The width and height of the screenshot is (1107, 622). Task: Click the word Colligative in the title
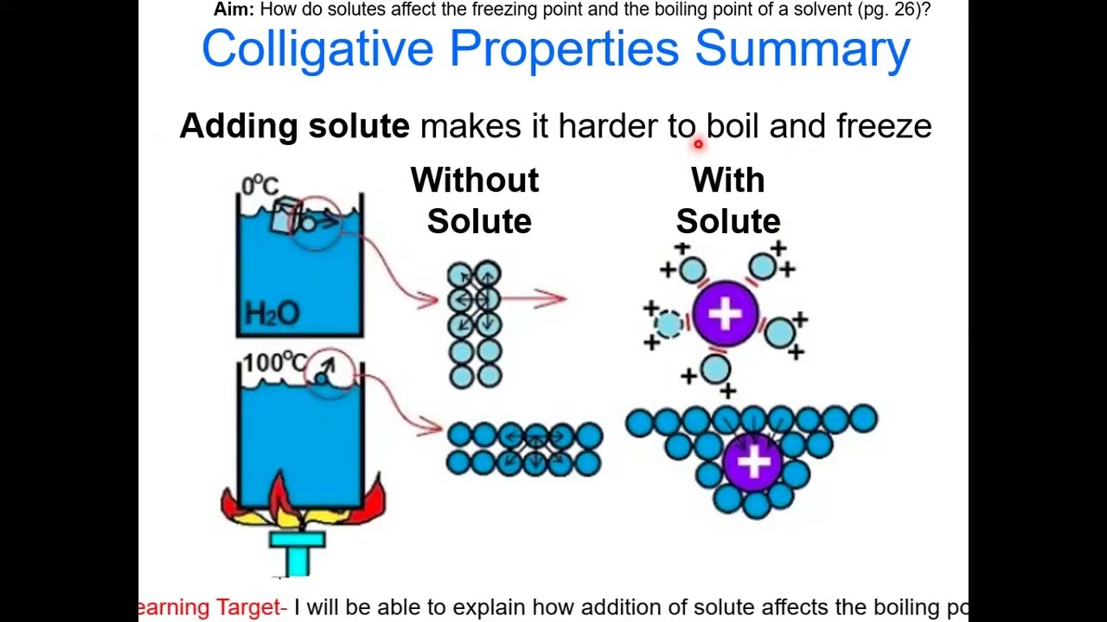[317, 49]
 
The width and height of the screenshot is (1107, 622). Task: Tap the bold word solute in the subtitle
[358, 126]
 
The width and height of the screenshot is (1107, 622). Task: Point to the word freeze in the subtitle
[883, 126]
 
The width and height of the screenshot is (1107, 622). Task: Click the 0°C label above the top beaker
[259, 185]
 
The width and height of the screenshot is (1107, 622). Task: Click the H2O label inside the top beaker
[272, 313]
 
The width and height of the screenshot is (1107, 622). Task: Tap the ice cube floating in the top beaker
[285, 216]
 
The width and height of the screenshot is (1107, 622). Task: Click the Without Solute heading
[476, 200]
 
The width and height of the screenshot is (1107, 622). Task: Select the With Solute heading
[728, 200]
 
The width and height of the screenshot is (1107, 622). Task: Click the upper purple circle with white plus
[725, 314]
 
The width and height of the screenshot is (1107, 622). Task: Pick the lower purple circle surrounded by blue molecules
[752, 463]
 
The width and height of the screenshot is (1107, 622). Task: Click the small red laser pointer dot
[698, 144]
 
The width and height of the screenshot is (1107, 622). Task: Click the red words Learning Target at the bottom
[213, 607]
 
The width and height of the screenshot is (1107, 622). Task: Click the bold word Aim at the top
[234, 10]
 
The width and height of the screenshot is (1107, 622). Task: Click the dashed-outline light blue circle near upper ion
[668, 324]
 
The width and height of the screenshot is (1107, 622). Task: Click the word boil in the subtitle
[733, 126]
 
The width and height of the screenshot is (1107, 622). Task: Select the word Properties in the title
[564, 49]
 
